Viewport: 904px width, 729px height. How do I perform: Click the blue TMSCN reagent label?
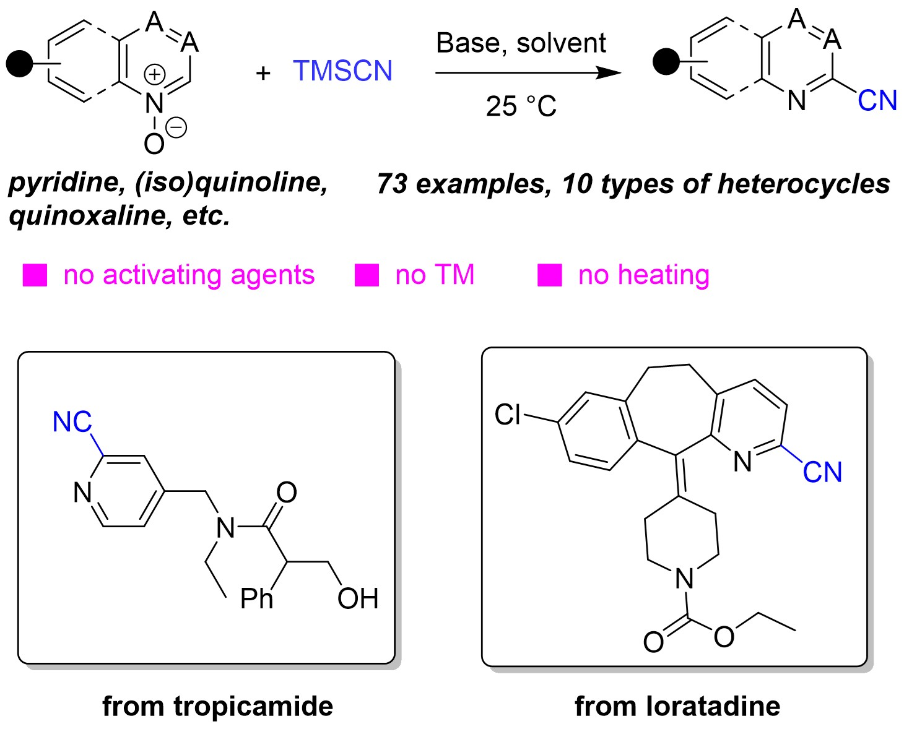(x=342, y=71)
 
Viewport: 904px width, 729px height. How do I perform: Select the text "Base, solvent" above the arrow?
(x=521, y=43)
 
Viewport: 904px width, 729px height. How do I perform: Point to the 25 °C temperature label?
(x=521, y=106)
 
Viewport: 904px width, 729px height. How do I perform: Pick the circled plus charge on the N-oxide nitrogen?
(x=154, y=75)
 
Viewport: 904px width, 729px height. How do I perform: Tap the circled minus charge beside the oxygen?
(x=176, y=128)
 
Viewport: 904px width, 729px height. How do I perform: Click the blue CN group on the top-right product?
(x=877, y=101)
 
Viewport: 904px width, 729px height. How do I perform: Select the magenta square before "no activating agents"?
(x=35, y=275)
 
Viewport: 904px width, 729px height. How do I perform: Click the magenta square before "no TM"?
(x=367, y=275)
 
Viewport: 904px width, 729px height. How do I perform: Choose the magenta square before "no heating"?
(x=550, y=275)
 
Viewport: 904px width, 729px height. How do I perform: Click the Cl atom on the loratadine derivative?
(x=508, y=415)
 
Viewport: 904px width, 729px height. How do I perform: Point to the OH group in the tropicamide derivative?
(x=358, y=599)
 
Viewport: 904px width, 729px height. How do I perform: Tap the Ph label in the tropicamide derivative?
(x=256, y=599)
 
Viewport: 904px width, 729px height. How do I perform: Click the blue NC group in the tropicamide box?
(x=72, y=423)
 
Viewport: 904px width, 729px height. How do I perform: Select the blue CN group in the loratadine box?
(x=822, y=473)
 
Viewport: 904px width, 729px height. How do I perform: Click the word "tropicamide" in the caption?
(x=253, y=706)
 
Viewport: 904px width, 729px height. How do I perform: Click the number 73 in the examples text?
(x=392, y=184)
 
